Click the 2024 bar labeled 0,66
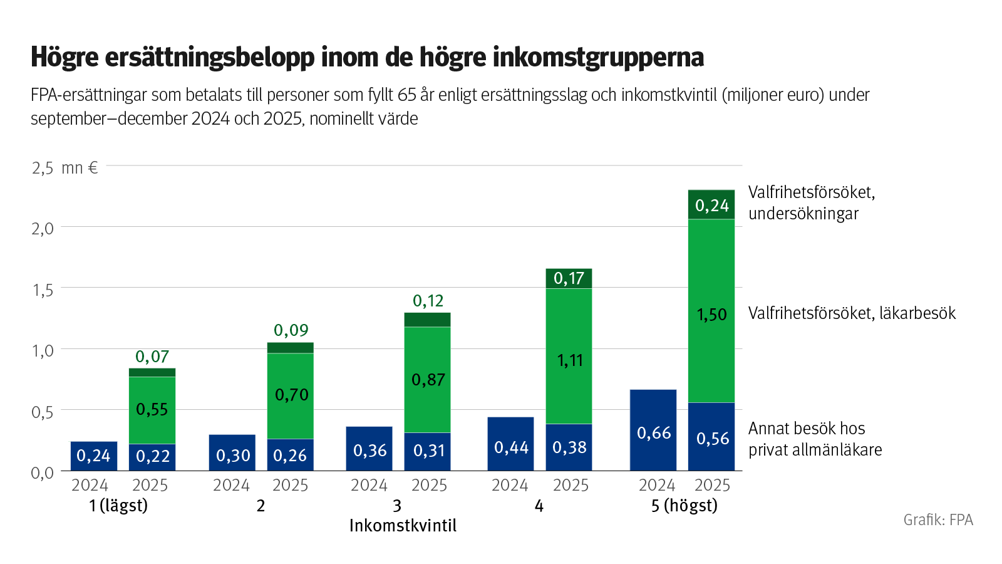click(x=653, y=431)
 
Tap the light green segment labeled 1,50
click(x=711, y=311)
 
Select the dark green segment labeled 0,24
click(x=711, y=205)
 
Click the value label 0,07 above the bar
click(x=152, y=357)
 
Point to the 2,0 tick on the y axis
click(x=43, y=228)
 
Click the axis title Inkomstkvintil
click(x=403, y=526)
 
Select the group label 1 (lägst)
click(x=118, y=506)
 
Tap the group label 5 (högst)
click(x=684, y=506)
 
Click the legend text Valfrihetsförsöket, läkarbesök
click(x=852, y=313)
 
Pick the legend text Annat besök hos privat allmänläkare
click(x=814, y=439)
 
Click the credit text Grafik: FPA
click(x=937, y=520)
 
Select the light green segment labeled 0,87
click(x=428, y=380)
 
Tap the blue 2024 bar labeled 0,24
click(x=93, y=456)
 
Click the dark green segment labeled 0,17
click(x=569, y=278)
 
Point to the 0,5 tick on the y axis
click(x=43, y=412)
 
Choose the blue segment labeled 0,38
click(x=569, y=447)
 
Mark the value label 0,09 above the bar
click(x=291, y=330)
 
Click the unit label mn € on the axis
click(x=80, y=168)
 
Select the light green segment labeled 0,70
click(x=291, y=395)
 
